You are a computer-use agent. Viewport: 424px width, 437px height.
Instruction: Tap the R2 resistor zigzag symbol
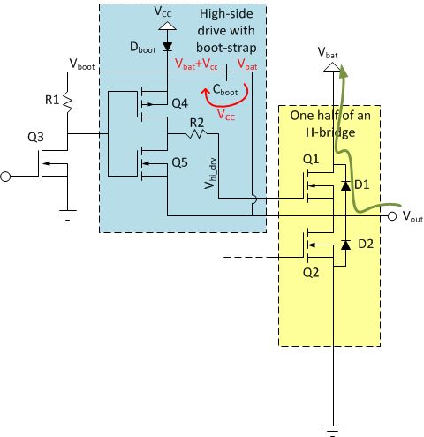[196, 133]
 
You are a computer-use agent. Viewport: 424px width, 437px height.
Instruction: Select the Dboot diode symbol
[168, 47]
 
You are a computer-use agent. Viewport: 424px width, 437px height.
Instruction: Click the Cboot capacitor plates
[225, 72]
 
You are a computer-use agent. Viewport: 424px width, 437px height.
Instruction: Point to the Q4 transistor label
[179, 103]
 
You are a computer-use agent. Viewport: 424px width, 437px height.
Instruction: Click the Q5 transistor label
[179, 162]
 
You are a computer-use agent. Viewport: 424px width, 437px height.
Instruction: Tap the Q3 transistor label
[35, 137]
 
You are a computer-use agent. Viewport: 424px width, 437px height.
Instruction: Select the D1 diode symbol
[345, 185]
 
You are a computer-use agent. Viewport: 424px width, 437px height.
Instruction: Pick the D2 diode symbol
[345, 245]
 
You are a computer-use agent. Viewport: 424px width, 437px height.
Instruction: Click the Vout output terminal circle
[392, 216]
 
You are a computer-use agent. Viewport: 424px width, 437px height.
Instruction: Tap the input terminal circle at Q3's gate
[5, 177]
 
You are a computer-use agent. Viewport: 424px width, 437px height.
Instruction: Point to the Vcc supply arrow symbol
[167, 26]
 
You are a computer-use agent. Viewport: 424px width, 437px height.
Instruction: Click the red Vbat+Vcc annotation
[196, 64]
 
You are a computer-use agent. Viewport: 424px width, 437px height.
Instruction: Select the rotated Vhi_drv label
[211, 173]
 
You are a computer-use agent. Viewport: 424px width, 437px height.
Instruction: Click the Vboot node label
[82, 64]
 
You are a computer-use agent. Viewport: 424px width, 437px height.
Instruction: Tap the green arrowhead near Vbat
[343, 72]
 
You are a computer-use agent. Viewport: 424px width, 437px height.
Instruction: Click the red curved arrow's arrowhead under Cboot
[205, 93]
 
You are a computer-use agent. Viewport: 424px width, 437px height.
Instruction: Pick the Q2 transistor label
[311, 273]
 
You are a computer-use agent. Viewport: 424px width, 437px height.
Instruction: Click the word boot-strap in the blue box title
[226, 48]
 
